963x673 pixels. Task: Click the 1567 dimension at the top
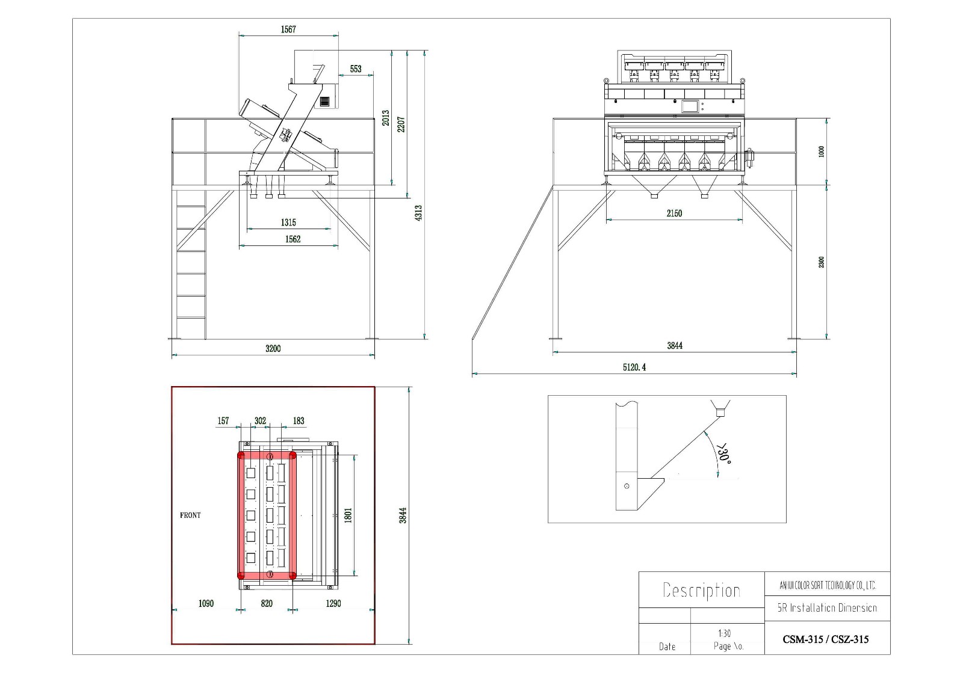(x=288, y=29)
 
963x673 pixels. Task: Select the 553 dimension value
(x=356, y=69)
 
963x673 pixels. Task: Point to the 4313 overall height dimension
(x=418, y=212)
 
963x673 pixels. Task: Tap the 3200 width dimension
(x=273, y=348)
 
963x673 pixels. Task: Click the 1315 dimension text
(x=288, y=223)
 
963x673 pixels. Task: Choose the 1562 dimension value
(x=293, y=239)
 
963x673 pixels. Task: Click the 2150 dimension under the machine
(x=674, y=213)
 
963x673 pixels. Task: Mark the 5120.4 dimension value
(x=634, y=367)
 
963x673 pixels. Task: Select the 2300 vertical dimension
(x=822, y=262)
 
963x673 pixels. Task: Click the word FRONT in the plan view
(x=190, y=515)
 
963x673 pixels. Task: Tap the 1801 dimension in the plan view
(x=348, y=515)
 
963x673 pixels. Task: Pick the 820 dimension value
(x=267, y=603)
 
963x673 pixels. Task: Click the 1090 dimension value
(x=206, y=603)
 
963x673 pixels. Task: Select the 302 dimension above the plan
(x=260, y=421)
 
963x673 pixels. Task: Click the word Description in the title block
(x=701, y=590)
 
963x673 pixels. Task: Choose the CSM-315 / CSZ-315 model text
(x=826, y=639)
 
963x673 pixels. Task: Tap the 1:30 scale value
(x=725, y=633)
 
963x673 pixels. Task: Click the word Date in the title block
(x=667, y=647)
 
